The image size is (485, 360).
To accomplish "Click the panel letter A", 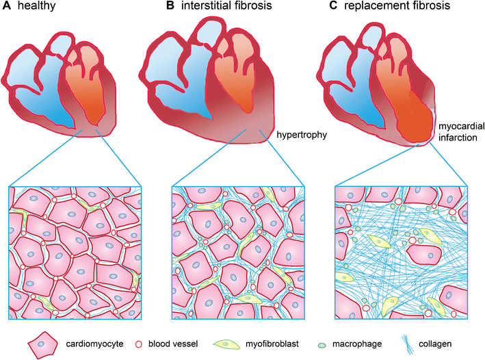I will pyautogui.click(x=8, y=8).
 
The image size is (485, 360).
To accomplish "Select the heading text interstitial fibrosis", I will pyautogui.click(x=219, y=9).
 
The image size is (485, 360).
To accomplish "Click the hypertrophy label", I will pyautogui.click(x=300, y=135).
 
